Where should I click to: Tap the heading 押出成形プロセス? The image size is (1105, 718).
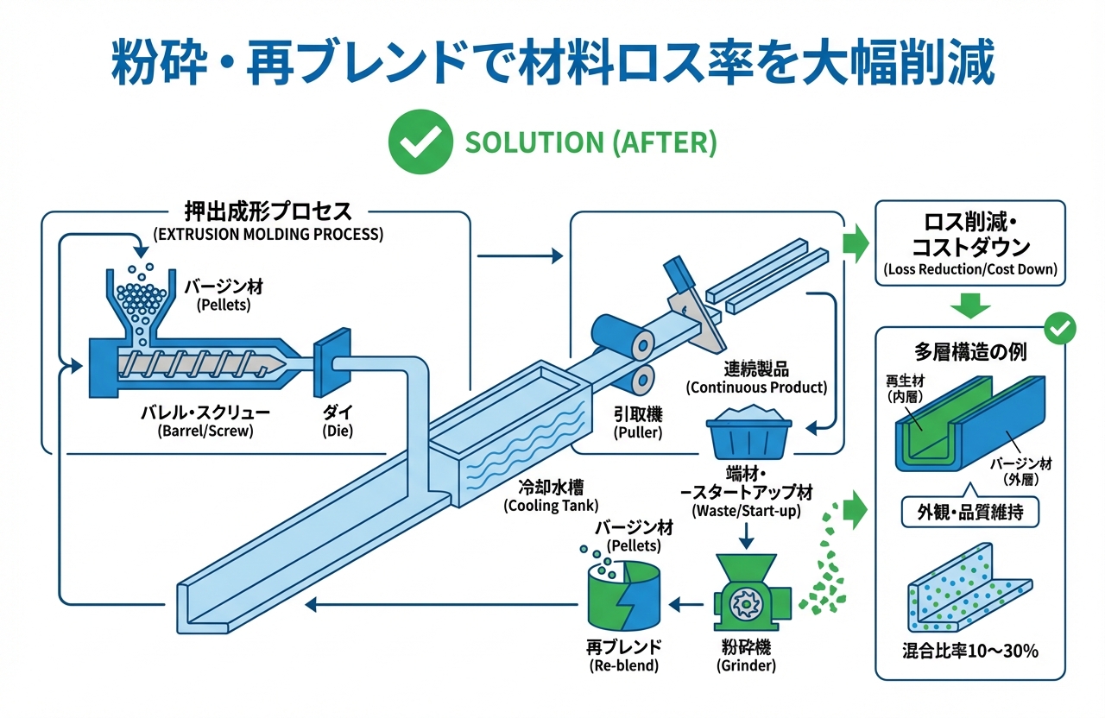[268, 211]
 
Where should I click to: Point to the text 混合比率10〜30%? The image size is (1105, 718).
[971, 650]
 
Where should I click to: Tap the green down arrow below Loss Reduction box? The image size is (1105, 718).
[969, 305]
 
